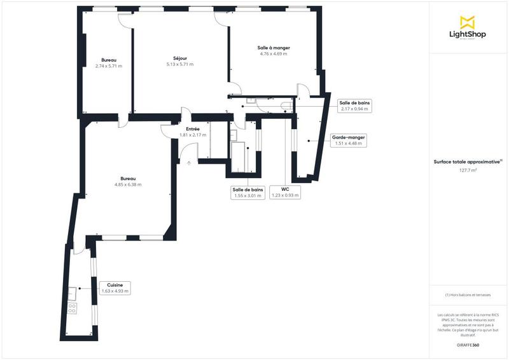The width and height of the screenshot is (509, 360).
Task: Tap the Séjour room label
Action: click(180, 58)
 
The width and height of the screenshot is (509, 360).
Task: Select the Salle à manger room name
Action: click(274, 48)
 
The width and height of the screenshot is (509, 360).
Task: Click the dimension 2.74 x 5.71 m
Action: click(109, 66)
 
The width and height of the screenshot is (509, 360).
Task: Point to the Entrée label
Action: click(193, 129)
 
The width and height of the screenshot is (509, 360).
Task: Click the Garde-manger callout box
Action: click(348, 140)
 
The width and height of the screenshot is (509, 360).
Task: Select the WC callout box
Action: click(285, 192)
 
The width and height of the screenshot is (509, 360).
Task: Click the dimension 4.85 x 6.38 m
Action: click(128, 185)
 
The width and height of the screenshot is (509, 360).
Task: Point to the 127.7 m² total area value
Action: click(468, 170)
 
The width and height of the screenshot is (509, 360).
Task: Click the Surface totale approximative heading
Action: click(468, 162)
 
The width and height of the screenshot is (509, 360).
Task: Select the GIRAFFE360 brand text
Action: click(468, 345)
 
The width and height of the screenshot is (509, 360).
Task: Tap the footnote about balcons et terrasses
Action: click(468, 295)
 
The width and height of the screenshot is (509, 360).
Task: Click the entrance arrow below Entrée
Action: click(189, 163)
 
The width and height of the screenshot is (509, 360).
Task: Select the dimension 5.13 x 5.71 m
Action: click(180, 64)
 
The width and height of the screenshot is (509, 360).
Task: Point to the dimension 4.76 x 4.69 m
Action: click(274, 54)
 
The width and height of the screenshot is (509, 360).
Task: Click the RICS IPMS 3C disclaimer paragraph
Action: click(468, 324)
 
